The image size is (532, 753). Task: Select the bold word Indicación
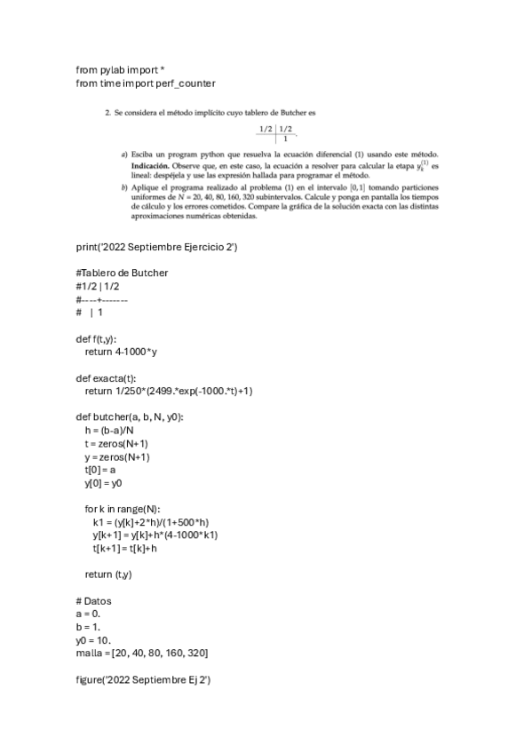[153, 166]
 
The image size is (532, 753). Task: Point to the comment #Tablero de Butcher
[122, 273]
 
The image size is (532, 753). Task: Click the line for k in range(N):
[122, 509]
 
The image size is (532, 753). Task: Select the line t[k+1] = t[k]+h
[124, 548]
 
